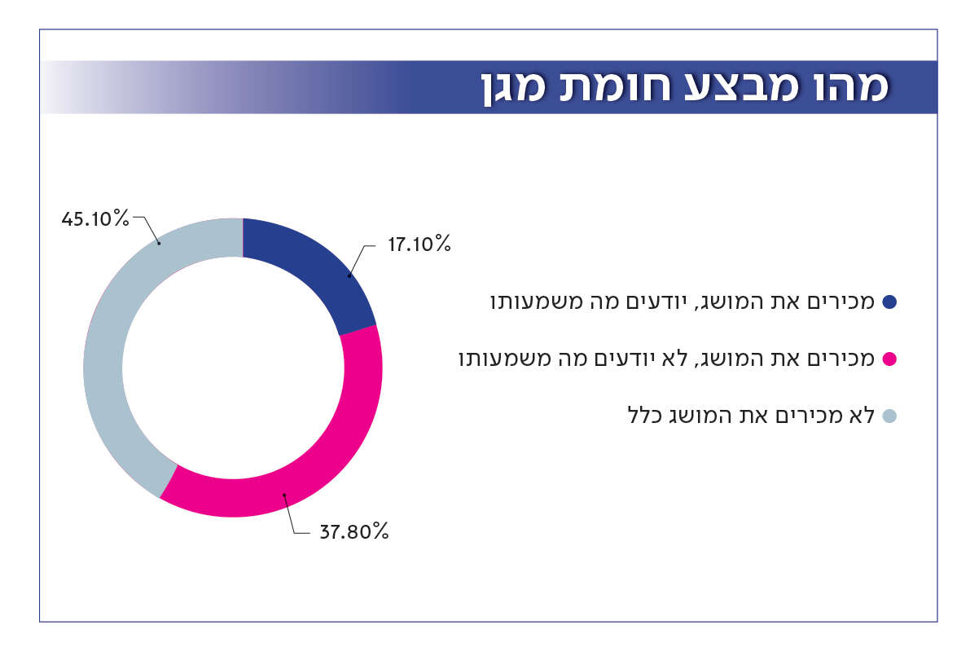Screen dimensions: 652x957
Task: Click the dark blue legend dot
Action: coord(889,302)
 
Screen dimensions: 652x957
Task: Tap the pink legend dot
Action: coord(889,359)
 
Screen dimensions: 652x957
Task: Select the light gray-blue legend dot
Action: coord(889,416)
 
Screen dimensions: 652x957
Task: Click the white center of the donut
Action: coord(232,367)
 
